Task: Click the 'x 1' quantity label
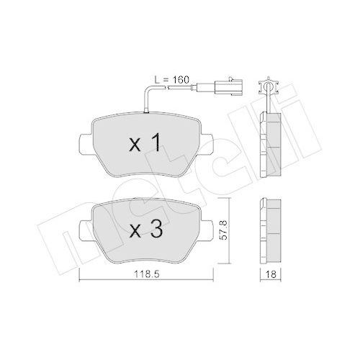144,145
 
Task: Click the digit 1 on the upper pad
153,145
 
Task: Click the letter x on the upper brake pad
134,146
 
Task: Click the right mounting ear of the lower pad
207,227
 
